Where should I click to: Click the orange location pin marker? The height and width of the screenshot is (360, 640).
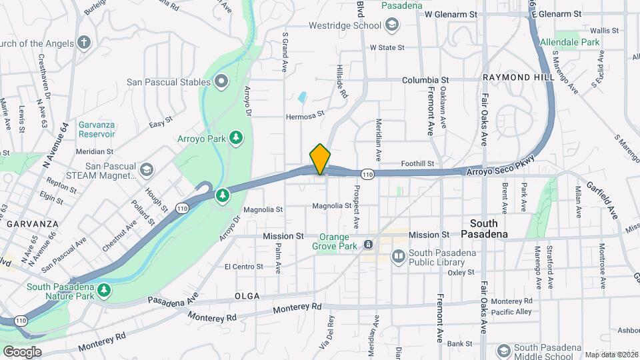(320, 159)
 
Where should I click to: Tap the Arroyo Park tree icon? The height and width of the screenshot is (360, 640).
(235, 138)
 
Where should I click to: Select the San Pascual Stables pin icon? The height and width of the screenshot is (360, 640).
(221, 82)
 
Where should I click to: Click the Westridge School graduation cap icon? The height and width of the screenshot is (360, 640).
(392, 26)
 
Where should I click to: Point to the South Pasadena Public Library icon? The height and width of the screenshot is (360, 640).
(398, 255)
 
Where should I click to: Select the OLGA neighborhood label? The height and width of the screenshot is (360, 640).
(246, 295)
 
